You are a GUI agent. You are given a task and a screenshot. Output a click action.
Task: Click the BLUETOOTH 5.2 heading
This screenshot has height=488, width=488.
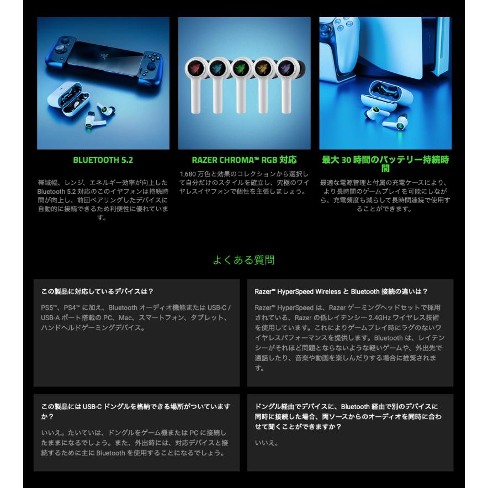click(103, 160)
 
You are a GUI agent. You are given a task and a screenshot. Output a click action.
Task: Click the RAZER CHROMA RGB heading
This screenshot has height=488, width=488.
click(244, 160)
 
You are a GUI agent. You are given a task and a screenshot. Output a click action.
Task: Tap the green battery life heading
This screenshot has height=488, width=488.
click(385, 164)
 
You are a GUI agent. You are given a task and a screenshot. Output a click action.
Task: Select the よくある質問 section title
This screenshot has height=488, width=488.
click(243, 260)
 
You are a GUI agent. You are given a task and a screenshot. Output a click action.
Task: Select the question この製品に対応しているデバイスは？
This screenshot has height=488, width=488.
click(97, 291)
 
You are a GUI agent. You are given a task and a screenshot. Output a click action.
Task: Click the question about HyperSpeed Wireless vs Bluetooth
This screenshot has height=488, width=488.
click(341, 291)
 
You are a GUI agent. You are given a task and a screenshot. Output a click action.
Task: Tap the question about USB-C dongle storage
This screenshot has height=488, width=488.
click(135, 411)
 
